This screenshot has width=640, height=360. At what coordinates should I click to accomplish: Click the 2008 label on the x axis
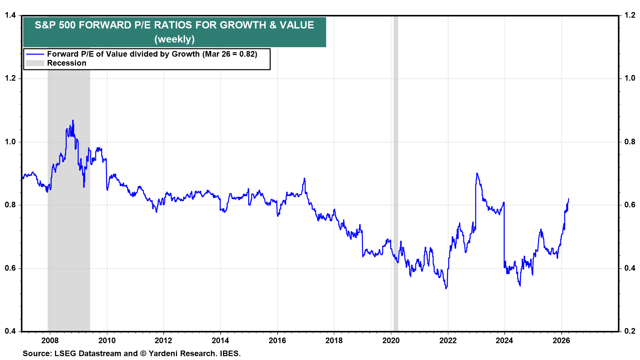(50, 340)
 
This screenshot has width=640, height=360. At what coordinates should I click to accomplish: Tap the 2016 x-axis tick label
(277, 340)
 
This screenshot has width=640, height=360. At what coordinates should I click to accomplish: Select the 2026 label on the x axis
(561, 340)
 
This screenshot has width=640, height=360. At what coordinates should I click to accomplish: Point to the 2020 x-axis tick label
(391, 340)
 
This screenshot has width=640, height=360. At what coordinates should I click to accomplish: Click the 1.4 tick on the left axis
(10, 15)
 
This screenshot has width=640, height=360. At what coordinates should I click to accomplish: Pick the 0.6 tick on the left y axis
(10, 268)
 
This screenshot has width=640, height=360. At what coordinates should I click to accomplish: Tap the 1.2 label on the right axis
(630, 15)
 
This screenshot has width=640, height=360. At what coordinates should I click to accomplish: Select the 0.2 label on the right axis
(630, 331)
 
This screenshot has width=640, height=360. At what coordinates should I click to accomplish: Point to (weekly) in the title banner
(174, 39)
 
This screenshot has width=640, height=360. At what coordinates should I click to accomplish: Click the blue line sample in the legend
(35, 54)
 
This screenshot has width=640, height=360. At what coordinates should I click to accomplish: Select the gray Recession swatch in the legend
(35, 63)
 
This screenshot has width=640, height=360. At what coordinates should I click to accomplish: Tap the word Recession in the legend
(67, 63)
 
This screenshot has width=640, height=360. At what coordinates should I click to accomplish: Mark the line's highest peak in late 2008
(73, 121)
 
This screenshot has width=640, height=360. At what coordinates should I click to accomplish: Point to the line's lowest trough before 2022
(446, 288)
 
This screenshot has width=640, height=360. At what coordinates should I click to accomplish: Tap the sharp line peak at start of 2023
(477, 173)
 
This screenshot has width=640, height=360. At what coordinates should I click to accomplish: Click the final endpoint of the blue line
(568, 199)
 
